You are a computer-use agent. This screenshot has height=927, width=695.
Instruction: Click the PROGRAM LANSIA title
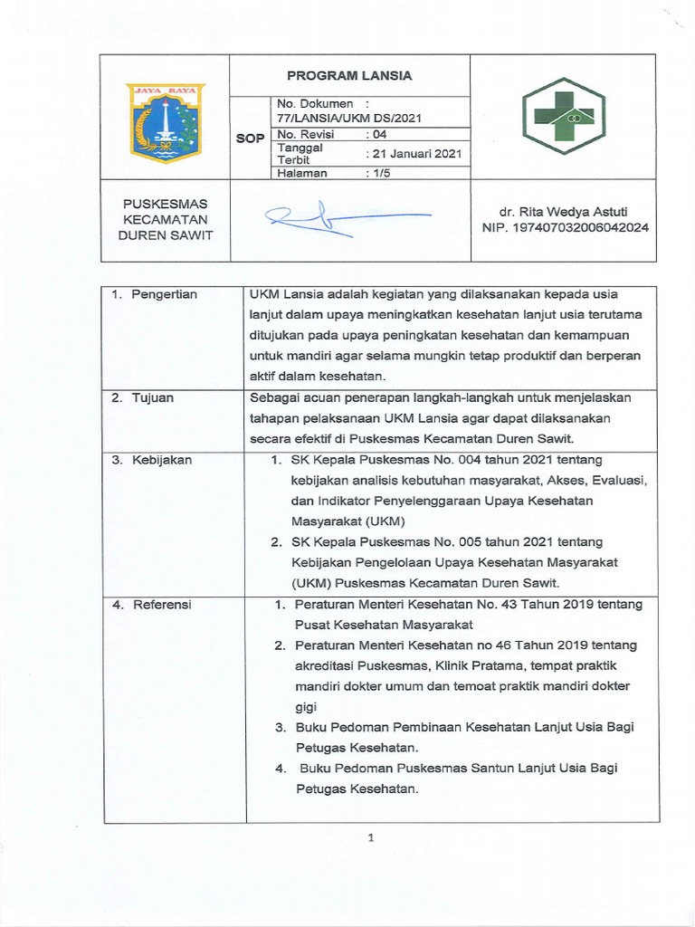[349, 75]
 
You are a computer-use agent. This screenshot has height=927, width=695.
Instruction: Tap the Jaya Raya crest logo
[165, 123]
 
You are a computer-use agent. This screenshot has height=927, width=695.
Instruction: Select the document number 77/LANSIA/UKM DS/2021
[349, 118]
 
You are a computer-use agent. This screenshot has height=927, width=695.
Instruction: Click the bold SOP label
[250, 139]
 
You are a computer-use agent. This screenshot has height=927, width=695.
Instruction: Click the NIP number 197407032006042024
[563, 228]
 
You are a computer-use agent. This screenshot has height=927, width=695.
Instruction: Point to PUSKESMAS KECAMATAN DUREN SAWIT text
[166, 220]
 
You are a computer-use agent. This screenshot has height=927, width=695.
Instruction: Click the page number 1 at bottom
[371, 838]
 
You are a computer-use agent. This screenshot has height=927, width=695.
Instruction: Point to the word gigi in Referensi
[306, 706]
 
